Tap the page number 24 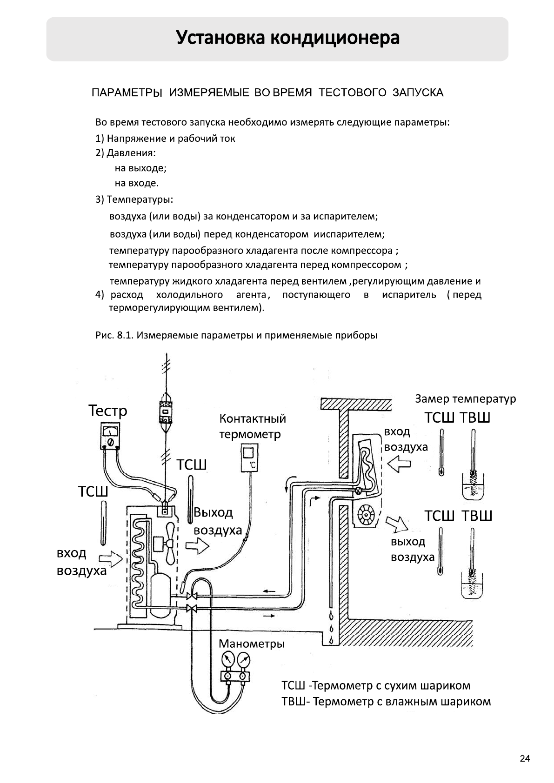tap(524, 759)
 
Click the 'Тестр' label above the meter tap(107, 411)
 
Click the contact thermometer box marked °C tap(249, 458)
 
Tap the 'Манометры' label tap(251, 644)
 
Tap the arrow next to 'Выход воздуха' tap(197, 545)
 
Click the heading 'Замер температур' tap(465, 399)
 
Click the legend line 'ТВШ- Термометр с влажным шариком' tap(386, 701)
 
